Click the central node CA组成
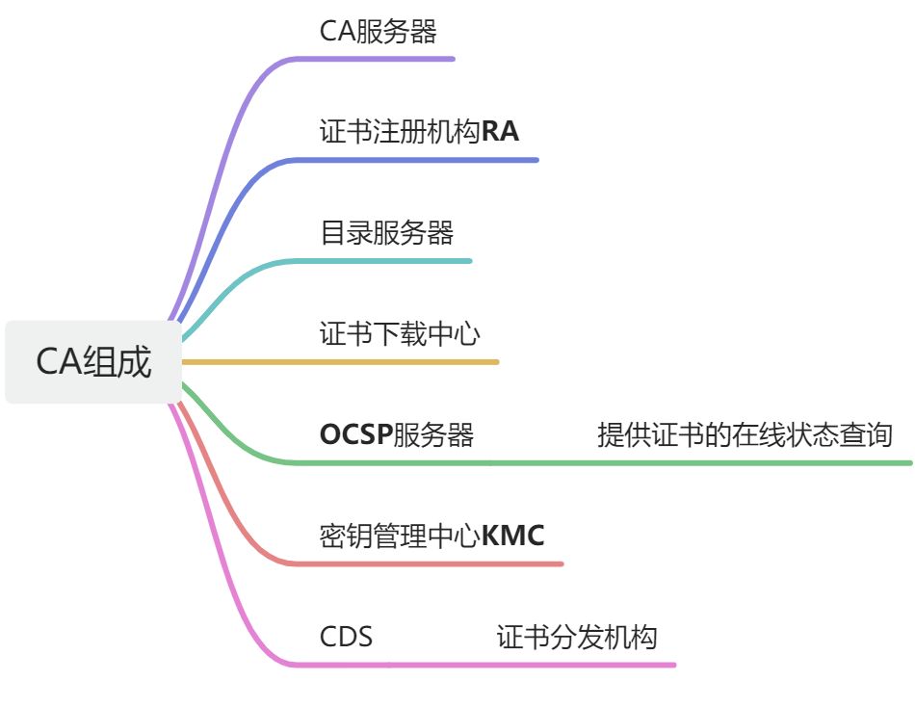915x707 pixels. point(93,362)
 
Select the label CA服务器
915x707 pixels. point(378,32)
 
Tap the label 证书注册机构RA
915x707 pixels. point(419,132)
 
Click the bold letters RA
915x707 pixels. point(500,132)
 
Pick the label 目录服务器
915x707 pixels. point(386,233)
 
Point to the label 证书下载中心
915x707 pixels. point(400,334)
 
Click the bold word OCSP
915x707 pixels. point(355,435)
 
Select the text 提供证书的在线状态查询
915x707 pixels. point(745,435)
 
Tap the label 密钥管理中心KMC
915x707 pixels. point(431,536)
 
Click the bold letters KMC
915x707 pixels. point(512,536)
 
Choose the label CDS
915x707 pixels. point(346,638)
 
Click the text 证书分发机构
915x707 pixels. point(577,638)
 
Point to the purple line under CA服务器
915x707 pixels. point(385,59)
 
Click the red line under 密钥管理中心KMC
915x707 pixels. point(433,563)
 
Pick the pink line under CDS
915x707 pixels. point(482,665)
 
